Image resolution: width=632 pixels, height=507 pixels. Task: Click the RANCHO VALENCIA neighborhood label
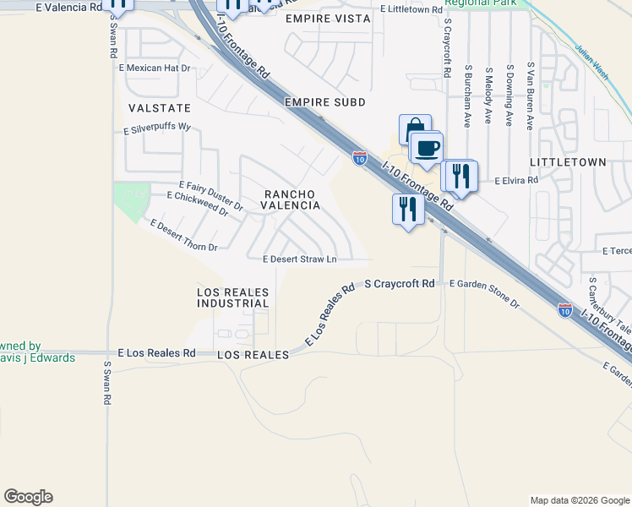click(x=290, y=199)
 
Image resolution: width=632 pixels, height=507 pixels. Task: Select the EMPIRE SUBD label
click(x=325, y=102)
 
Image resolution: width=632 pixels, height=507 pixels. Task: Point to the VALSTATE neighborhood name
click(x=160, y=109)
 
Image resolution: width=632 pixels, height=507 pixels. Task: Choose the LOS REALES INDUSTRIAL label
click(x=232, y=297)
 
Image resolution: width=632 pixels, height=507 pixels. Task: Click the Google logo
click(x=28, y=497)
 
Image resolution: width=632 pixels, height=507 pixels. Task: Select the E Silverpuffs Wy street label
click(x=158, y=129)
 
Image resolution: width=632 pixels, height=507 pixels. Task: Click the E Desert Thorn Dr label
click(x=184, y=236)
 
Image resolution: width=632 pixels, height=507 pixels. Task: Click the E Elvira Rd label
click(x=516, y=181)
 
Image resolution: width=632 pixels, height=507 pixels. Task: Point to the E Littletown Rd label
click(x=411, y=8)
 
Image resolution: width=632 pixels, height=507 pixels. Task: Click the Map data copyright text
click(x=579, y=500)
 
